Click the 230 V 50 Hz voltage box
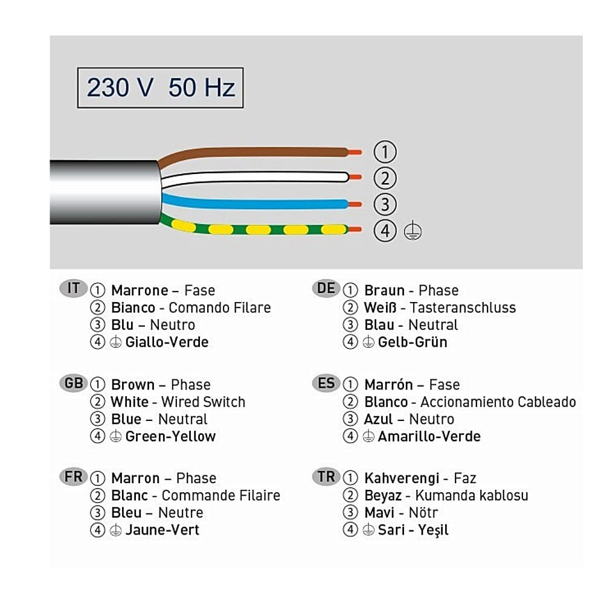(160, 88)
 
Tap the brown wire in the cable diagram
(254, 152)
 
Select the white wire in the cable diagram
(254, 177)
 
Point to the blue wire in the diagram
(254, 203)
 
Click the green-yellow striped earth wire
(254, 230)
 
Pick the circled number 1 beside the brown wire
(385, 152)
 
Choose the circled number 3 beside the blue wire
(385, 205)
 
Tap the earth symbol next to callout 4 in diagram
(413, 231)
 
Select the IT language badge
(73, 289)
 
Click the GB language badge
(73, 383)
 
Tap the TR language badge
(326, 477)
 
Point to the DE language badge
(326, 289)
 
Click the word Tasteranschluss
(463, 307)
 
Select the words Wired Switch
(203, 402)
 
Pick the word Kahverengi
(402, 478)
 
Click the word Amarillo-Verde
(429, 437)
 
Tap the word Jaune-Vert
(162, 530)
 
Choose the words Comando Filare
(220, 307)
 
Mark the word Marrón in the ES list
(388, 384)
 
